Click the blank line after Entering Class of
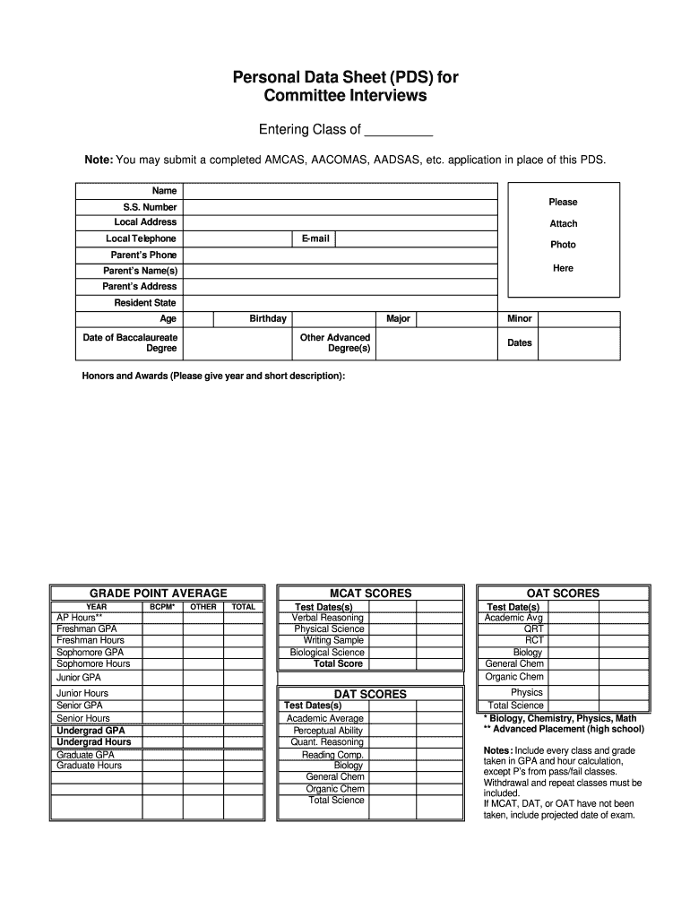399,131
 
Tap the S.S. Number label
150,207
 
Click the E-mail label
315,238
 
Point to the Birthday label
268,318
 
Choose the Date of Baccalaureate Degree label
130,342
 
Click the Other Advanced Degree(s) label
336,342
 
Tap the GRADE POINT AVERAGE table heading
159,593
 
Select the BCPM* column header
162,607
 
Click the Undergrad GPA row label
91,731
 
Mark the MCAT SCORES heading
371,593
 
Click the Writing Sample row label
333,640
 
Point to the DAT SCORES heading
370,694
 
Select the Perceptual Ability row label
327,731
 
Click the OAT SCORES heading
563,593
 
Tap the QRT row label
534,629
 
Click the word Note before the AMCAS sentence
98,160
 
